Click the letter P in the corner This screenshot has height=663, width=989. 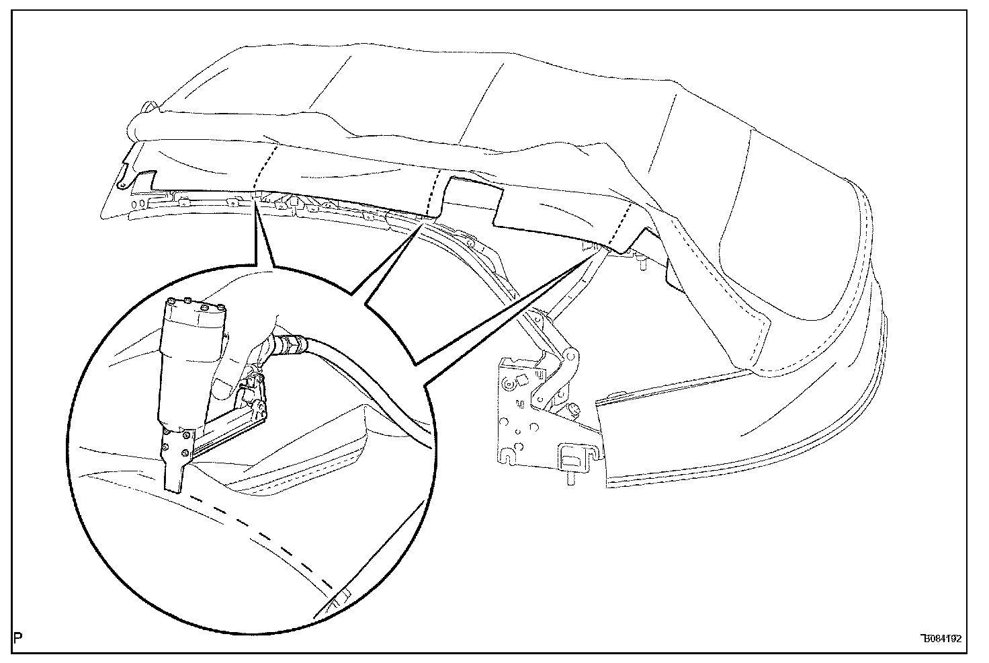pos(17,637)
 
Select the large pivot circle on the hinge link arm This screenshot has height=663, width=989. pos(572,354)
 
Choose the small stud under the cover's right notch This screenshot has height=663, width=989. pos(644,264)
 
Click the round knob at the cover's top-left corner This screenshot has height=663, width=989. pos(148,107)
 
